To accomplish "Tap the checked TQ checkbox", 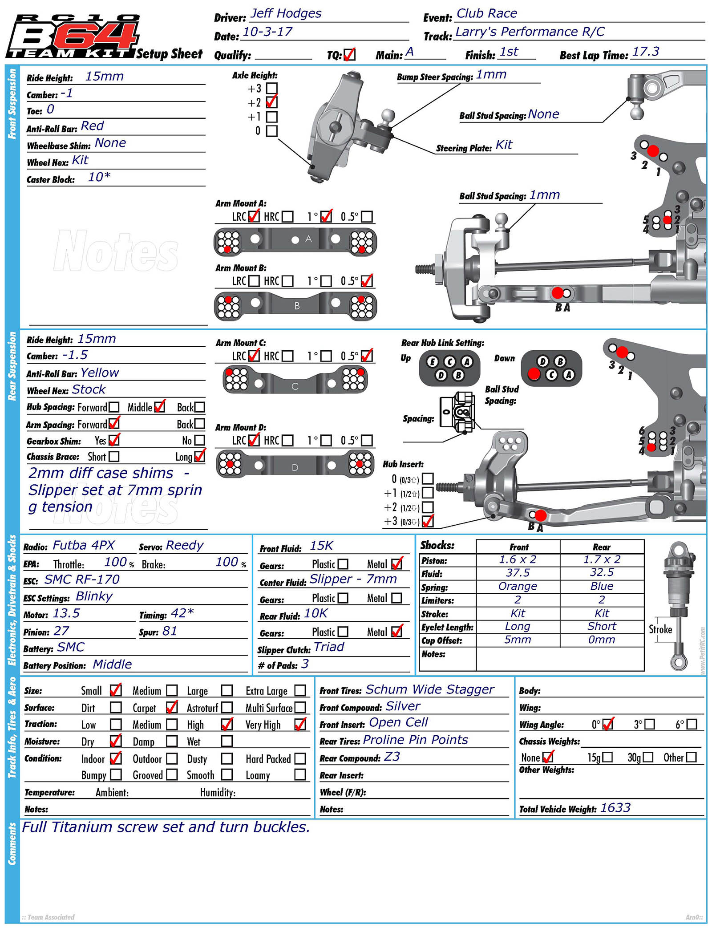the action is point(349,54).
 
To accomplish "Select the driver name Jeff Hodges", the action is point(286,13).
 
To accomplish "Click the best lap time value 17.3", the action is point(646,52).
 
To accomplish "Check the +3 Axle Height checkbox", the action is point(271,88).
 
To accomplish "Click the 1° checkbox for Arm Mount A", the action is point(326,216).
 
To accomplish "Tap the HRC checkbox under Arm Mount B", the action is point(287,281).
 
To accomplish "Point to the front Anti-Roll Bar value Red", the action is point(92,126).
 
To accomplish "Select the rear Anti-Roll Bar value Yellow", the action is point(100,373).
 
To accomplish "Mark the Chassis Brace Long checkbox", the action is point(200,456).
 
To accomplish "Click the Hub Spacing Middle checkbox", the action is point(160,407).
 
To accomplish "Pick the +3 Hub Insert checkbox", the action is point(428,521).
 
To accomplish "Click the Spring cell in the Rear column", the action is point(602,586).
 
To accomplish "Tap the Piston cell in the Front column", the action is point(518,559).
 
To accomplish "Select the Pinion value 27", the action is point(61,631).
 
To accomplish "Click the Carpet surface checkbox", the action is point(172,707).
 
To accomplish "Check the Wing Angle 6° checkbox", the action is point(692,724).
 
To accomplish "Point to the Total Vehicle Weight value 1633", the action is point(615,808).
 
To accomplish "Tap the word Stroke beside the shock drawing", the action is point(660,629).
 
